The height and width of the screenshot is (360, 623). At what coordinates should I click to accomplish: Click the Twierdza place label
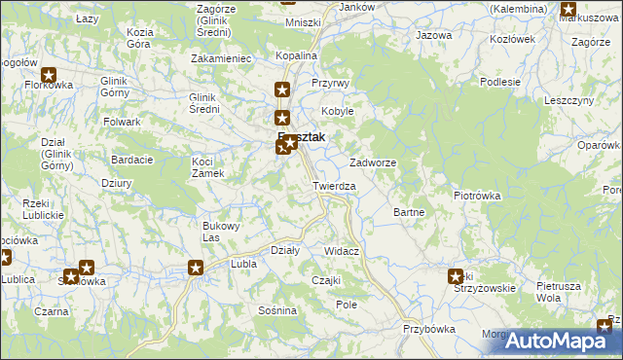tap(334, 186)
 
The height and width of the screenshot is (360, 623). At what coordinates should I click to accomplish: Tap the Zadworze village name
tap(372, 162)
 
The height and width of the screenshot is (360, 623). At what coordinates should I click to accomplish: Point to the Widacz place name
tap(342, 251)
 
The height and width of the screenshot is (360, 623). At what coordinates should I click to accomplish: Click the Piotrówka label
tap(477, 196)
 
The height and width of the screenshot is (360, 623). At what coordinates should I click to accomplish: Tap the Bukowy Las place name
tap(221, 232)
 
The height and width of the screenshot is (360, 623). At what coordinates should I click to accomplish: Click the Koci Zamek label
tap(208, 166)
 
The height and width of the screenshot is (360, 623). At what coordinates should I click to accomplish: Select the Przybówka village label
tap(429, 329)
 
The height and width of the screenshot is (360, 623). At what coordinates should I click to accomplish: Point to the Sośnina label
tap(277, 310)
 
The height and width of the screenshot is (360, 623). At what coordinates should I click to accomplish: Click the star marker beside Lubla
tap(196, 269)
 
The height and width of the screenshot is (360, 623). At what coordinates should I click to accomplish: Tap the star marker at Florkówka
tap(48, 74)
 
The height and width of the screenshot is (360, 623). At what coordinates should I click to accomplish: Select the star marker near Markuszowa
tap(568, 9)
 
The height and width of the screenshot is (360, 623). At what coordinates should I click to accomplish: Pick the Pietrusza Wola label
tap(560, 292)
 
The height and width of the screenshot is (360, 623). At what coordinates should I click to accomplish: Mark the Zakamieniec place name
tap(222, 58)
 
